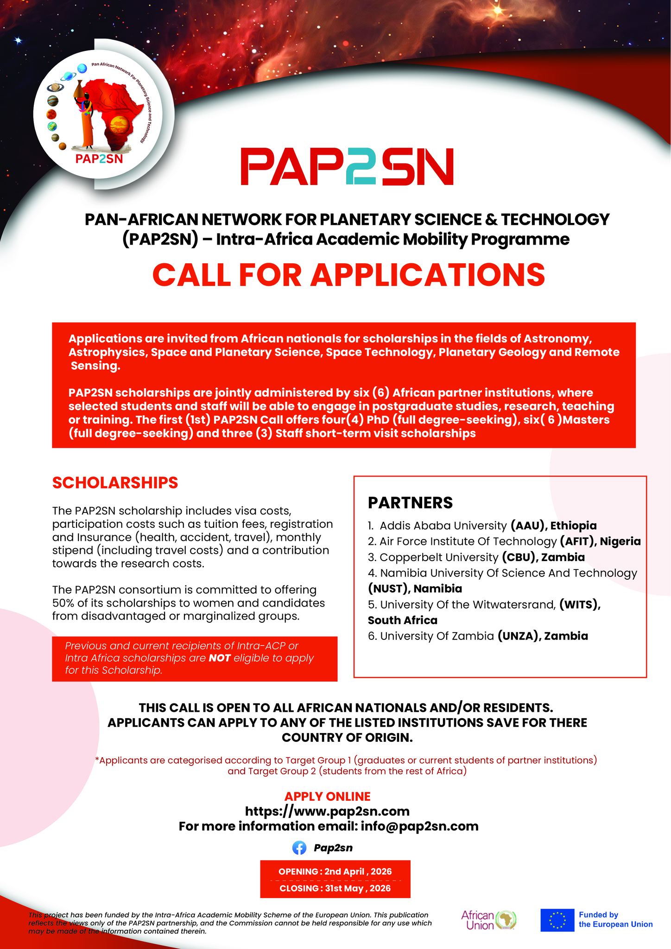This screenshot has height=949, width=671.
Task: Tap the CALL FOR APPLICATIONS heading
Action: tap(348, 274)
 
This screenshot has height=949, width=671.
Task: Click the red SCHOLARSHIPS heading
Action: tap(115, 482)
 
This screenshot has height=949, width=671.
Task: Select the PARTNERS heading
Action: tap(410, 503)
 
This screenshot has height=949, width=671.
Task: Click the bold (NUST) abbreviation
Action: tap(388, 588)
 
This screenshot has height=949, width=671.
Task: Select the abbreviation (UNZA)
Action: tap(518, 636)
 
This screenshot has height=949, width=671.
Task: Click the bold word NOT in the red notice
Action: tap(220, 658)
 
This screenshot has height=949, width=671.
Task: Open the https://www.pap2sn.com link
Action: tap(327, 811)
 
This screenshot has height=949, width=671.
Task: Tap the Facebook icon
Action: tap(299, 848)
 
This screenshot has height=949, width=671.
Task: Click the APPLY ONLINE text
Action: tap(327, 797)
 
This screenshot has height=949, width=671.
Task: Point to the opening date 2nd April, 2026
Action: tap(358, 871)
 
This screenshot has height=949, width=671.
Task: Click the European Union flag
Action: tap(557, 920)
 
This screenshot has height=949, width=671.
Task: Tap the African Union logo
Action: tap(489, 920)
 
